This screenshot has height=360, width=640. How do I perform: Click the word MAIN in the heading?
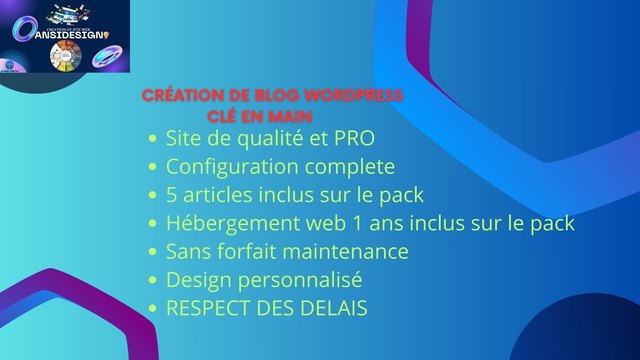click(290, 116)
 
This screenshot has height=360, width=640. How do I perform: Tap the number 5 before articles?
click(172, 194)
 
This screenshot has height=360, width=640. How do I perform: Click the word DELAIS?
click(333, 308)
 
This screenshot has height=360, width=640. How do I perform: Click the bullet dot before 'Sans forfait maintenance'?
click(151, 252)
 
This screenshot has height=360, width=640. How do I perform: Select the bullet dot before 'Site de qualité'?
click(151, 138)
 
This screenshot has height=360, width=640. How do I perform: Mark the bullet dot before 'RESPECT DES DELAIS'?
click(151, 309)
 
